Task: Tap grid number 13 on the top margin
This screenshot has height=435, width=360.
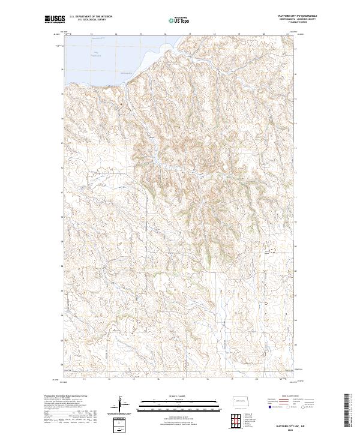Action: tap(91, 35)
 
